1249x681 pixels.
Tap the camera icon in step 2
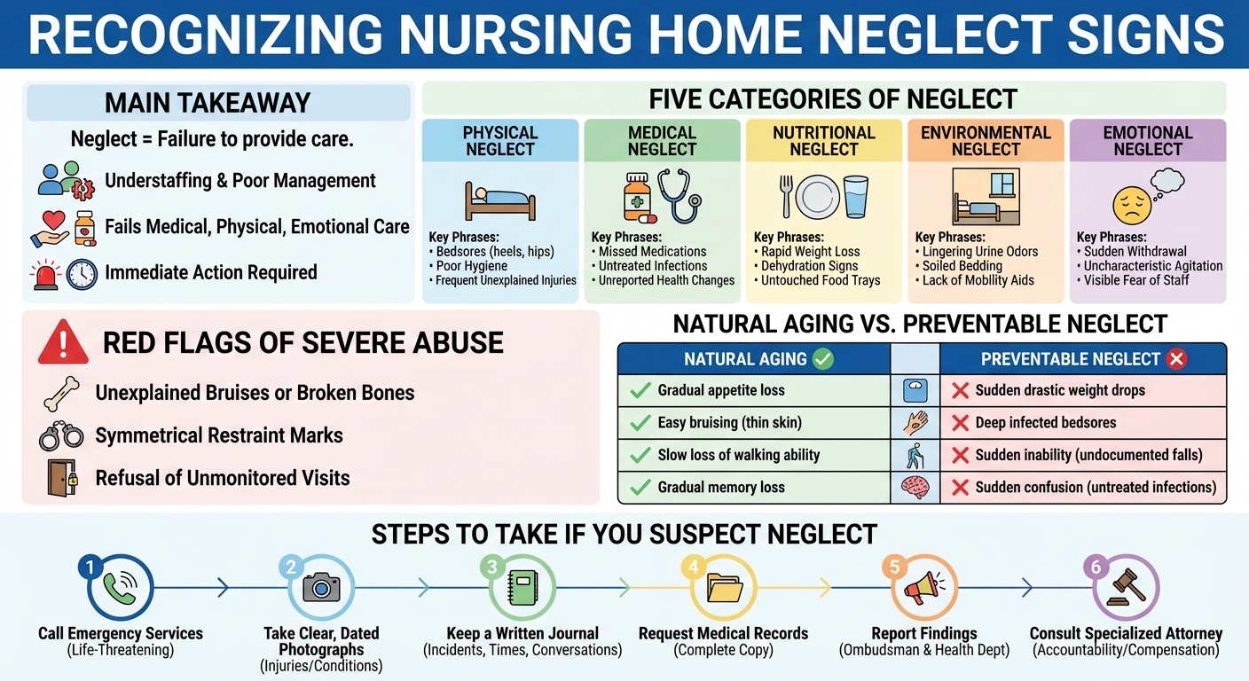pyautogui.click(x=321, y=587)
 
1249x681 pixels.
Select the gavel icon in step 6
pyautogui.click(x=1126, y=587)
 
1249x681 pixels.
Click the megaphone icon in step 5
pyautogui.click(x=923, y=588)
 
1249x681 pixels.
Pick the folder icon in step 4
pyautogui.click(x=724, y=588)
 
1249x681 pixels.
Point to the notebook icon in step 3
pyautogui.click(x=522, y=588)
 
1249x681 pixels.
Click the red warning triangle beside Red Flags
pyautogui.click(x=63, y=342)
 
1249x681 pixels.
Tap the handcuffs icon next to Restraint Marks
pyautogui.click(x=60, y=436)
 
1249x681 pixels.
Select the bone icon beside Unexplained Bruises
pyautogui.click(x=60, y=393)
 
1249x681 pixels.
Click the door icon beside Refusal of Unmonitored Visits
pyautogui.click(x=62, y=478)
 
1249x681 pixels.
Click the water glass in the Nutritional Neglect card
pyautogui.click(x=857, y=196)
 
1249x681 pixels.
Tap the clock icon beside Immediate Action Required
pyautogui.click(x=82, y=273)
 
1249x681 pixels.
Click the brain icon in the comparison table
pyautogui.click(x=915, y=487)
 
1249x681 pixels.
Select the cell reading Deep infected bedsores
pyautogui.click(x=1083, y=423)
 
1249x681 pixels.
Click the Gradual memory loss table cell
pyautogui.click(x=753, y=487)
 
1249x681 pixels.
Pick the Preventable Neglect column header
pyautogui.click(x=1083, y=359)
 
